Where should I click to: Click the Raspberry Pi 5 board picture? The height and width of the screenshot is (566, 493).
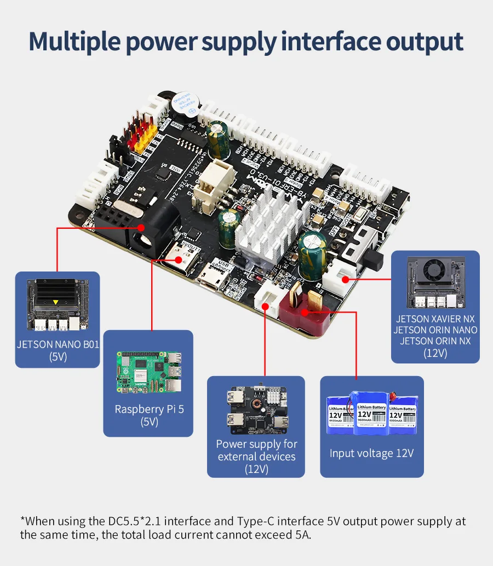click(x=148, y=372)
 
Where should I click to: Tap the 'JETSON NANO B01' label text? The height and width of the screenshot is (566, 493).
click(x=57, y=345)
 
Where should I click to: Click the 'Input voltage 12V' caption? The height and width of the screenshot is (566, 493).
click(x=371, y=453)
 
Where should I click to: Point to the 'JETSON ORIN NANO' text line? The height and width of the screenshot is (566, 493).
click(x=435, y=330)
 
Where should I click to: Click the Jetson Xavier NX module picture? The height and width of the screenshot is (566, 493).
click(x=435, y=282)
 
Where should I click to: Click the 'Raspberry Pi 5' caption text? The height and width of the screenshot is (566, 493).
click(x=148, y=409)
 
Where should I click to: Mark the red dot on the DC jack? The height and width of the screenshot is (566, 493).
click(x=141, y=226)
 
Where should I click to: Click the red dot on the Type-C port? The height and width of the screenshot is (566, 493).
click(x=179, y=261)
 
